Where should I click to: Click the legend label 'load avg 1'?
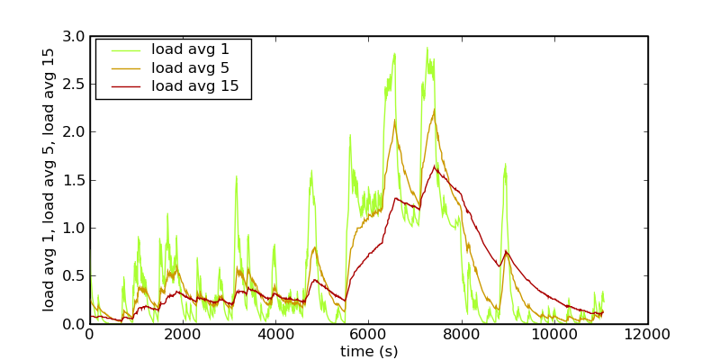click(x=191, y=49)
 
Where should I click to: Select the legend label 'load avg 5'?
click(x=191, y=67)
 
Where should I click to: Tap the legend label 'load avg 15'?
click(x=194, y=86)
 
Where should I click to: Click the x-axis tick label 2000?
click(x=183, y=336)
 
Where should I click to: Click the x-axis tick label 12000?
click(x=648, y=336)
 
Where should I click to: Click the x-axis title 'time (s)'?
click(x=368, y=351)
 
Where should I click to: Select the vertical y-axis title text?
click(x=49, y=180)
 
